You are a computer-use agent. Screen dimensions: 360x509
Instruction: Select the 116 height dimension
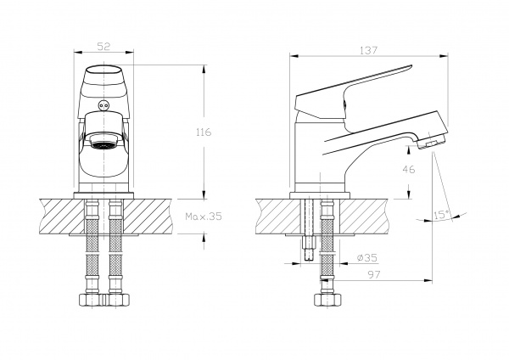point(202,132)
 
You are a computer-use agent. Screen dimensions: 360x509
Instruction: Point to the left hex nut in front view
point(89,300)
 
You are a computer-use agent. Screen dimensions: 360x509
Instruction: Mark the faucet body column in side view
point(321,161)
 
